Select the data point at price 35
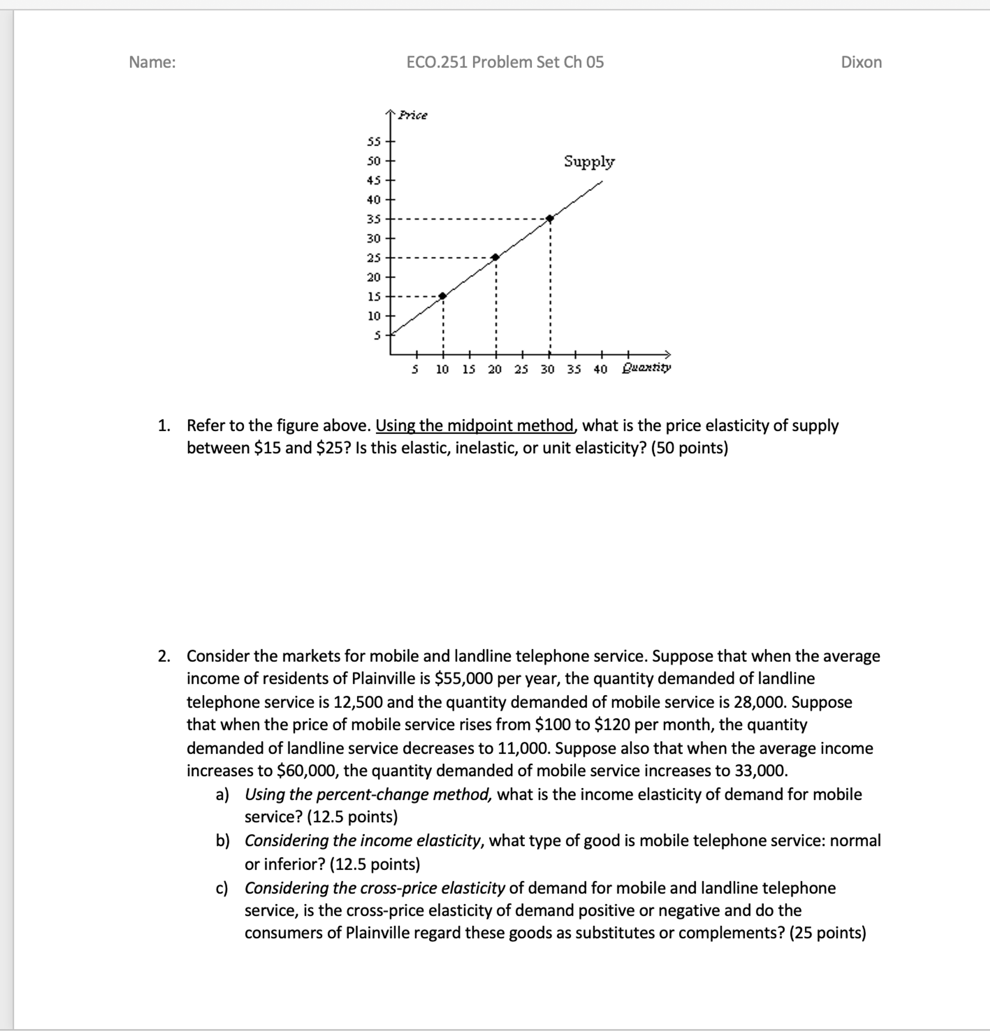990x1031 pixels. pyautogui.click(x=550, y=218)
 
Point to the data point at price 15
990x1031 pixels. pyautogui.click(x=443, y=296)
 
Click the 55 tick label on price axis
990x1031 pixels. pyautogui.click(x=373, y=141)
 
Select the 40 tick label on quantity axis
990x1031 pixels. pyautogui.click(x=600, y=369)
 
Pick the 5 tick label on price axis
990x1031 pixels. pyautogui.click(x=377, y=335)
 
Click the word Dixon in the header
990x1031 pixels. pyautogui.click(x=861, y=62)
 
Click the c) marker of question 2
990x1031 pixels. pyautogui.click(x=222, y=888)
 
